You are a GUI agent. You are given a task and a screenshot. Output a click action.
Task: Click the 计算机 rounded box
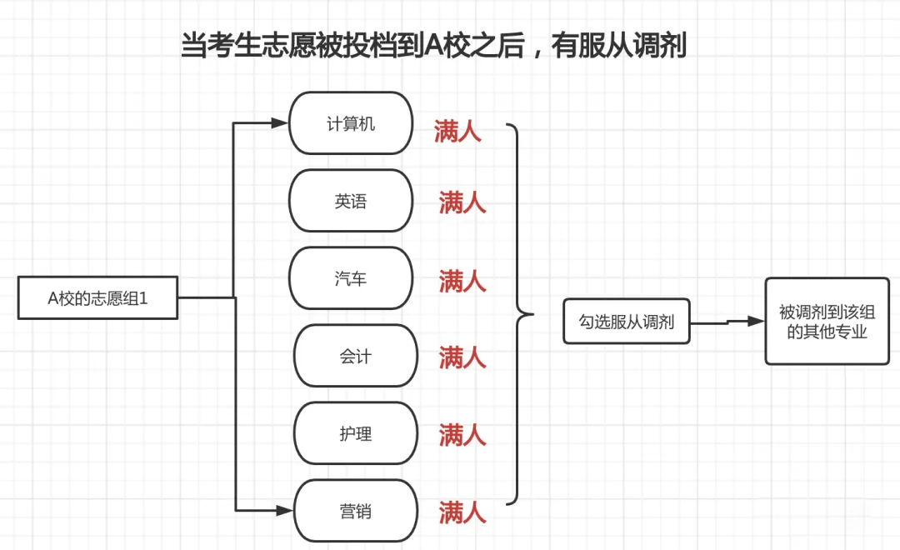point(351,122)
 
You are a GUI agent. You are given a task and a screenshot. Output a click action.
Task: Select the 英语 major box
point(351,200)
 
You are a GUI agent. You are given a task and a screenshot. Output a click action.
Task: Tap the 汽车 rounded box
point(351,277)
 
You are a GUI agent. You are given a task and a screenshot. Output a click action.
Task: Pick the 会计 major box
point(356,355)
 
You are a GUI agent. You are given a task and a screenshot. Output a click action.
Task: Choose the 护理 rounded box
point(356,432)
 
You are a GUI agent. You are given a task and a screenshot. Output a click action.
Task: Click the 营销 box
point(356,510)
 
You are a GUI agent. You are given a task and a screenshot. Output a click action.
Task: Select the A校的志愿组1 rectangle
point(97,297)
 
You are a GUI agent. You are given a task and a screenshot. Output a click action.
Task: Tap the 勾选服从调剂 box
point(626,321)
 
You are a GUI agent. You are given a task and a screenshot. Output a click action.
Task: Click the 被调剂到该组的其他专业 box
point(827,321)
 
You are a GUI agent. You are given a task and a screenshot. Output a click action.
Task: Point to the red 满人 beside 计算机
point(457,131)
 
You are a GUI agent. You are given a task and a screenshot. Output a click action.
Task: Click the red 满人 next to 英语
point(462,202)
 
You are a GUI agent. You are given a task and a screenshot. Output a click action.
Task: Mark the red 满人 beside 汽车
point(462,281)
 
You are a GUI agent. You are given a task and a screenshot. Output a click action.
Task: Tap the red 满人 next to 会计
point(462,357)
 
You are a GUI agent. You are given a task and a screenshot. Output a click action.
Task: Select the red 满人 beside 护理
point(462,435)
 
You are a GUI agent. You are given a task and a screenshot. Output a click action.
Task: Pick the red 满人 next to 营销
point(462,512)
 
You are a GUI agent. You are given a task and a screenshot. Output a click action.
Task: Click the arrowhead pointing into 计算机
point(279,122)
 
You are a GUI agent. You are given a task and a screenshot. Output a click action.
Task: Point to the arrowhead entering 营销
point(285,510)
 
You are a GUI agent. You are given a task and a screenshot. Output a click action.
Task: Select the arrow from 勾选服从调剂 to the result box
point(727,322)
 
